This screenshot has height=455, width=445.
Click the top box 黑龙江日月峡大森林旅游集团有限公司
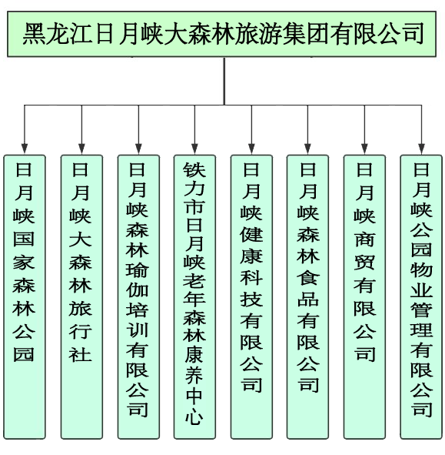(x=221, y=34)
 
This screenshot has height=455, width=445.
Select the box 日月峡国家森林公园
(x=25, y=297)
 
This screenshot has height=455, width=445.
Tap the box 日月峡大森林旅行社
(x=81, y=297)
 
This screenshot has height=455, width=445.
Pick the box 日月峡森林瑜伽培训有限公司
(x=138, y=297)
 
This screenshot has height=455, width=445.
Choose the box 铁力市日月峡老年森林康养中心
(x=194, y=297)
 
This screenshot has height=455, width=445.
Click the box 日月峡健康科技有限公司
(x=251, y=297)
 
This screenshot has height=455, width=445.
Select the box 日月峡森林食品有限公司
(x=307, y=297)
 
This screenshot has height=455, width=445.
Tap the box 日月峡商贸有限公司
(x=364, y=297)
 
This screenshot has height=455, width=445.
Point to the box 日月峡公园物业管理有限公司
(x=421, y=297)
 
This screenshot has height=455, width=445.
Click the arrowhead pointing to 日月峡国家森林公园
(x=25, y=148)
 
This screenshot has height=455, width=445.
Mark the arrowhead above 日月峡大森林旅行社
(x=81, y=148)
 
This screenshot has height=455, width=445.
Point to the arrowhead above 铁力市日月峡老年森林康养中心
(x=194, y=148)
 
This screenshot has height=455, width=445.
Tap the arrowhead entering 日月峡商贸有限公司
(x=364, y=148)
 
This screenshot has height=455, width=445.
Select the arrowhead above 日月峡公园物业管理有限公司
(x=421, y=148)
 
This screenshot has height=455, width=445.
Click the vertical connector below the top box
(x=224, y=81)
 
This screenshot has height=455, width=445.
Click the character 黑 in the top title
(x=34, y=34)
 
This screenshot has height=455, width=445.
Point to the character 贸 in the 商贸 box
(x=364, y=262)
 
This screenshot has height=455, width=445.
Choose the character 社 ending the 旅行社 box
(x=81, y=355)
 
